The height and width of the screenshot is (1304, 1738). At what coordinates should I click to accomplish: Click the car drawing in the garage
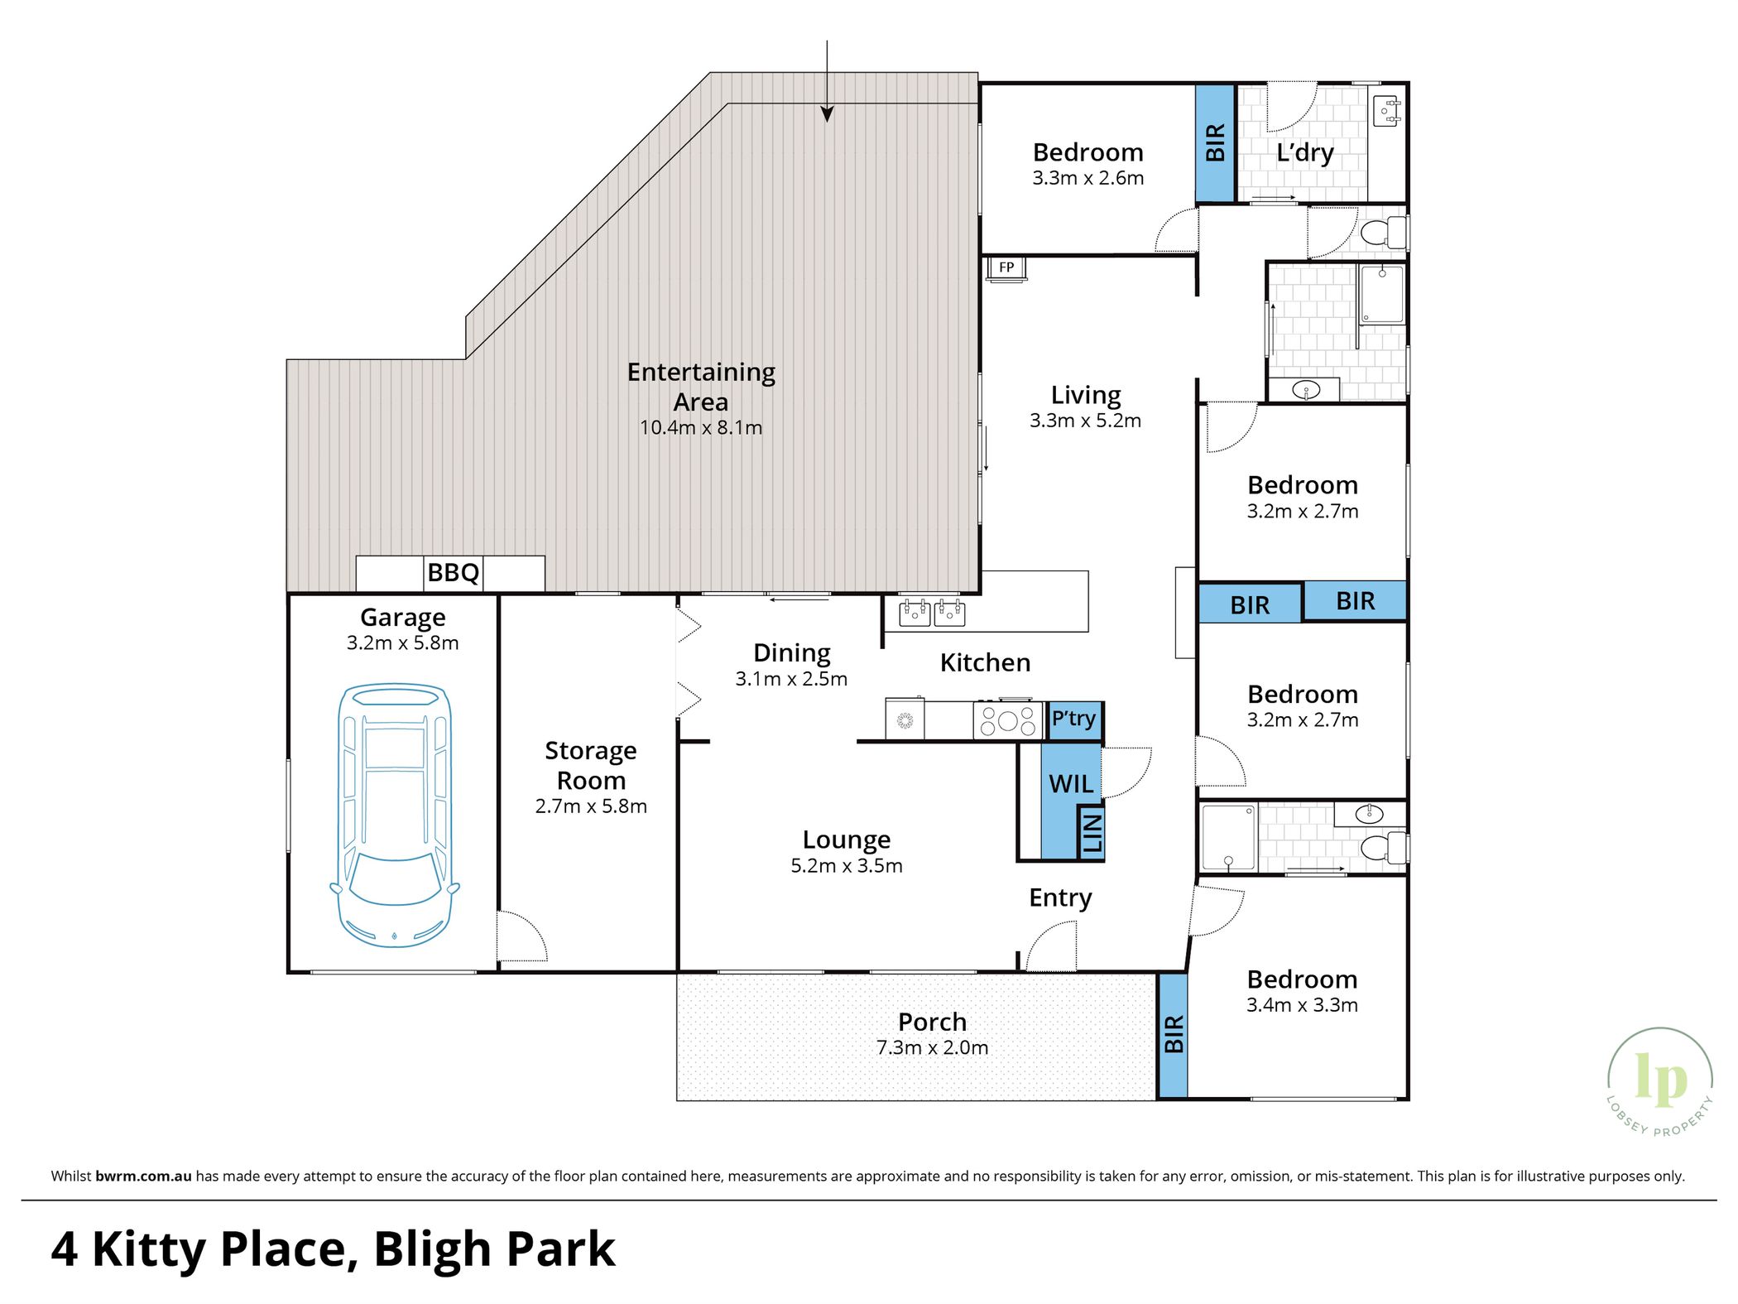pyautogui.click(x=395, y=815)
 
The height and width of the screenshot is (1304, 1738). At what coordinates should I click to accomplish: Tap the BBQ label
pyautogui.click(x=453, y=572)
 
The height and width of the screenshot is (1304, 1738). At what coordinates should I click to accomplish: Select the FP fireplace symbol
pyautogui.click(x=1006, y=268)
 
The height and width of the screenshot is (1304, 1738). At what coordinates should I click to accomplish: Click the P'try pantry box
pyautogui.click(x=1074, y=719)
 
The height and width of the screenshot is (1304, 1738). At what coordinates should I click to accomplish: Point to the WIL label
pyautogui.click(x=1071, y=783)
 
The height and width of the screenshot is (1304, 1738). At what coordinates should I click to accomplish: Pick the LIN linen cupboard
pyautogui.click(x=1091, y=833)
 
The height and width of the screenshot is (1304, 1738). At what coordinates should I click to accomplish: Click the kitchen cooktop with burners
pyautogui.click(x=1007, y=719)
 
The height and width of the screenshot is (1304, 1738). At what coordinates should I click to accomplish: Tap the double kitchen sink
pyautogui.click(x=931, y=613)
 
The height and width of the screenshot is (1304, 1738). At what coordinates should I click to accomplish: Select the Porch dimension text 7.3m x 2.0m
pyautogui.click(x=932, y=1047)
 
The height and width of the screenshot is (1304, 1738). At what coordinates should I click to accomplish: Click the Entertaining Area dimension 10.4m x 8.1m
pyautogui.click(x=700, y=427)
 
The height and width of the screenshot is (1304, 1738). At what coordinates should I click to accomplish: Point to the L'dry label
pyautogui.click(x=1304, y=152)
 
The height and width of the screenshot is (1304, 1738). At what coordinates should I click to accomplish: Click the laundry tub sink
pyautogui.click(x=1386, y=111)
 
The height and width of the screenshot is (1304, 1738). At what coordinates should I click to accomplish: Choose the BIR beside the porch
pyautogui.click(x=1173, y=1035)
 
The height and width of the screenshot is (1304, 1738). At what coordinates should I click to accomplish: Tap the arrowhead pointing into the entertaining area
pyautogui.click(x=827, y=114)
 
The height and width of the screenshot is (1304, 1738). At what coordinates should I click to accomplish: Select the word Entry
pyautogui.click(x=1060, y=897)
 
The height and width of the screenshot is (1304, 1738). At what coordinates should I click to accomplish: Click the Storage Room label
pyautogui.click(x=591, y=765)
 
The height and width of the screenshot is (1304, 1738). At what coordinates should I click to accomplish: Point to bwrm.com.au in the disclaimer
pyautogui.click(x=143, y=1176)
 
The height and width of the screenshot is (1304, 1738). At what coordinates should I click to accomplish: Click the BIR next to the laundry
pyautogui.click(x=1215, y=142)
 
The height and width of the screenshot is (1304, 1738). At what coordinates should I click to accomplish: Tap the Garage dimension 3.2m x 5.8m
pyautogui.click(x=402, y=642)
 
